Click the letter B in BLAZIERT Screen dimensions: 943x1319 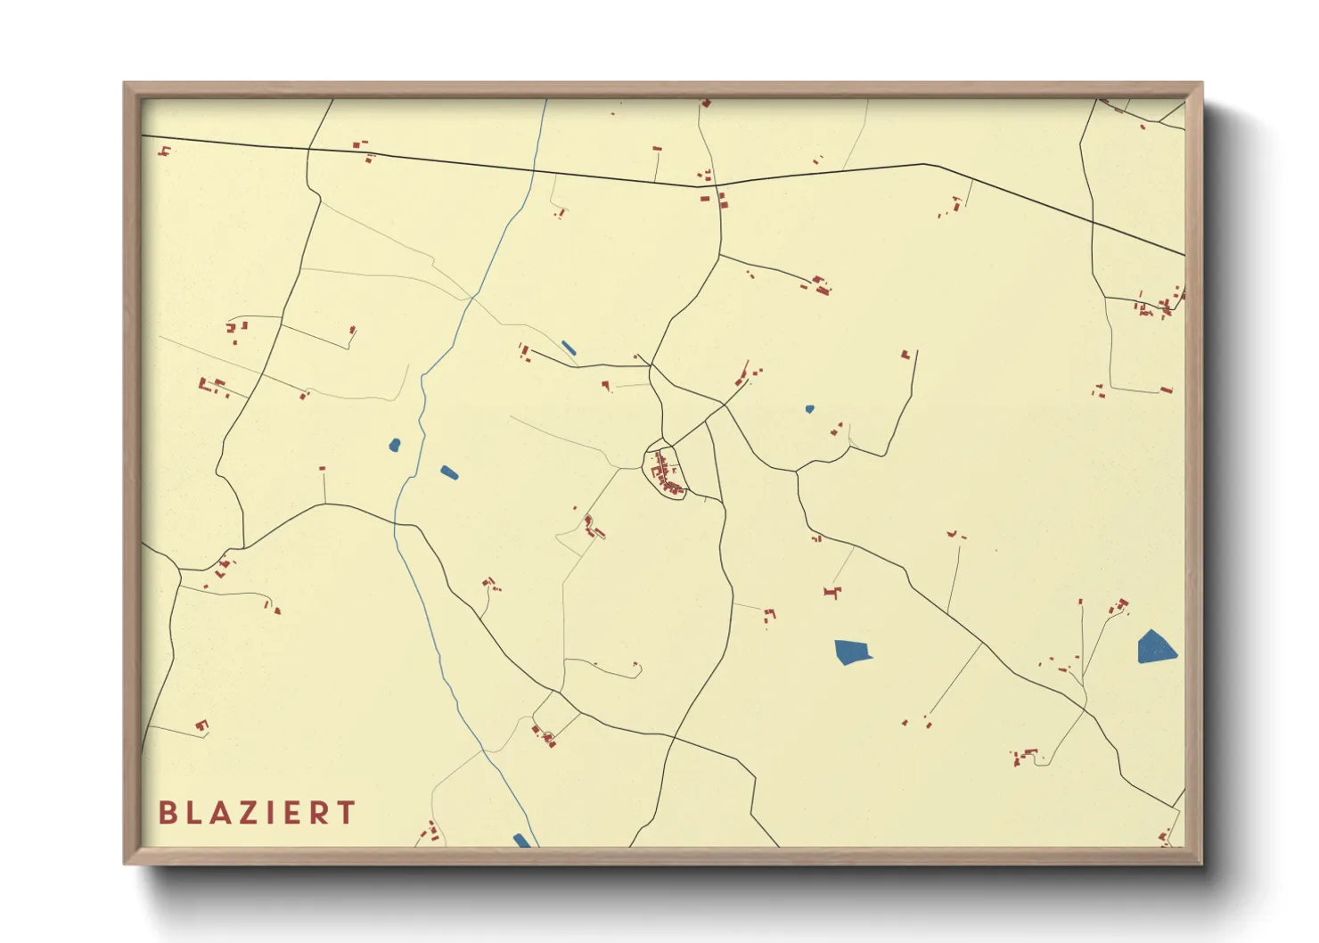point(167,813)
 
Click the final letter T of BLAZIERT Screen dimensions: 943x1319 point(348,813)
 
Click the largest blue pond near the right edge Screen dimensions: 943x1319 point(1156,648)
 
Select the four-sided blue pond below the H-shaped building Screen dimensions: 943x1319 point(852,652)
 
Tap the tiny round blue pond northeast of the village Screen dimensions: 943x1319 point(809,409)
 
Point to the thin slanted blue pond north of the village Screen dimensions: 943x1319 point(568,348)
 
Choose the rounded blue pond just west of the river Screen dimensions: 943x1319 point(395,444)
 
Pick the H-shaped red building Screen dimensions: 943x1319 point(832,592)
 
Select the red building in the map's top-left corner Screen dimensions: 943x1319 point(164,151)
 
